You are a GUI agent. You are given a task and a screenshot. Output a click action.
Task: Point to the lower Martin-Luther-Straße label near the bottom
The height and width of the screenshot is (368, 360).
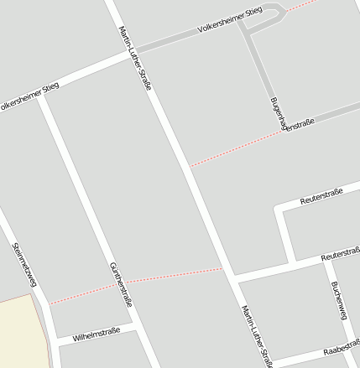click(257, 335)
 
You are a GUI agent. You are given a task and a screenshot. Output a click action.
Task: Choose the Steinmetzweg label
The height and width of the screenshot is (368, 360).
click(26, 267)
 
